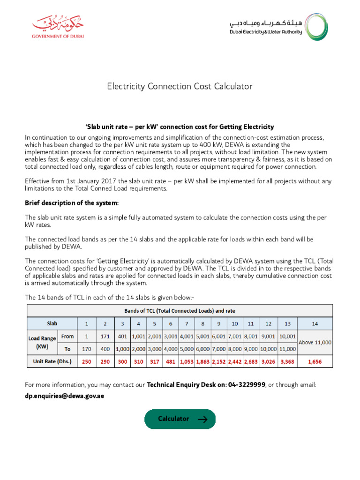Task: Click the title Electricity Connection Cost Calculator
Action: click(180, 86)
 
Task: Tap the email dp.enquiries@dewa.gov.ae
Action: click(64, 396)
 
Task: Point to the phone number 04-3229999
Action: click(247, 385)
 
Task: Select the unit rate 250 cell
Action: click(86, 361)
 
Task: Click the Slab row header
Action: click(52, 323)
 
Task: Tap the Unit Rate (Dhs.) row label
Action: click(52, 361)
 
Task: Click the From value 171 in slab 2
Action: click(105, 337)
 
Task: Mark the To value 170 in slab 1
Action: click(86, 349)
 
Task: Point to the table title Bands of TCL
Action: click(180, 310)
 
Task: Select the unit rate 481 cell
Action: click(171, 361)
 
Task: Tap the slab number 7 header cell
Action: click(187, 323)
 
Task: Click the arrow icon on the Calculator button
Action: click(202, 419)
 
